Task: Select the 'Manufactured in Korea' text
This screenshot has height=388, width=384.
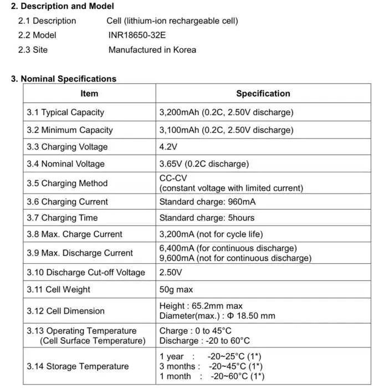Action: point(152,49)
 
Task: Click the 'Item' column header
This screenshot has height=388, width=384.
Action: point(89,94)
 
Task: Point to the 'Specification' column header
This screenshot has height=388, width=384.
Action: point(263,94)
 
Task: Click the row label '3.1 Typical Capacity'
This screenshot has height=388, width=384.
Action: point(65,112)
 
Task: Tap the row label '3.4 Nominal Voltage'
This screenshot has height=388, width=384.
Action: point(65,164)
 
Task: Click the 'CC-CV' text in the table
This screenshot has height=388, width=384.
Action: point(173,178)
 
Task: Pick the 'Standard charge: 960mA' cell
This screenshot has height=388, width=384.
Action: point(207,202)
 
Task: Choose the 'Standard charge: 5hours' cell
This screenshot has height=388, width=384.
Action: point(207,218)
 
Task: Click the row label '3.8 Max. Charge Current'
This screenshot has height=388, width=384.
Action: point(74,234)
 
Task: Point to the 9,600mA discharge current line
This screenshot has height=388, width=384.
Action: point(235,258)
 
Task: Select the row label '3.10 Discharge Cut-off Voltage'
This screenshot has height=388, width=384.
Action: point(85,272)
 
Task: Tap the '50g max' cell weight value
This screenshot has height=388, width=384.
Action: point(176,289)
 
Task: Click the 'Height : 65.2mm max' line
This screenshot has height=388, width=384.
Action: point(201,305)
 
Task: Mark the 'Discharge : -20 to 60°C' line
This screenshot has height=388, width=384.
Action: point(204,340)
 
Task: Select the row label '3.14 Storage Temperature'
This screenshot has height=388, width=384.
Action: point(78,366)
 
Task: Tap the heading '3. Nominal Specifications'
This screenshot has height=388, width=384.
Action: point(64,79)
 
